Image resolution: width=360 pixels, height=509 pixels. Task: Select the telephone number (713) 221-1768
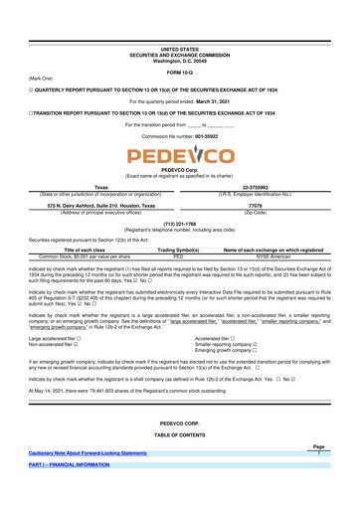click(x=179, y=225)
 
